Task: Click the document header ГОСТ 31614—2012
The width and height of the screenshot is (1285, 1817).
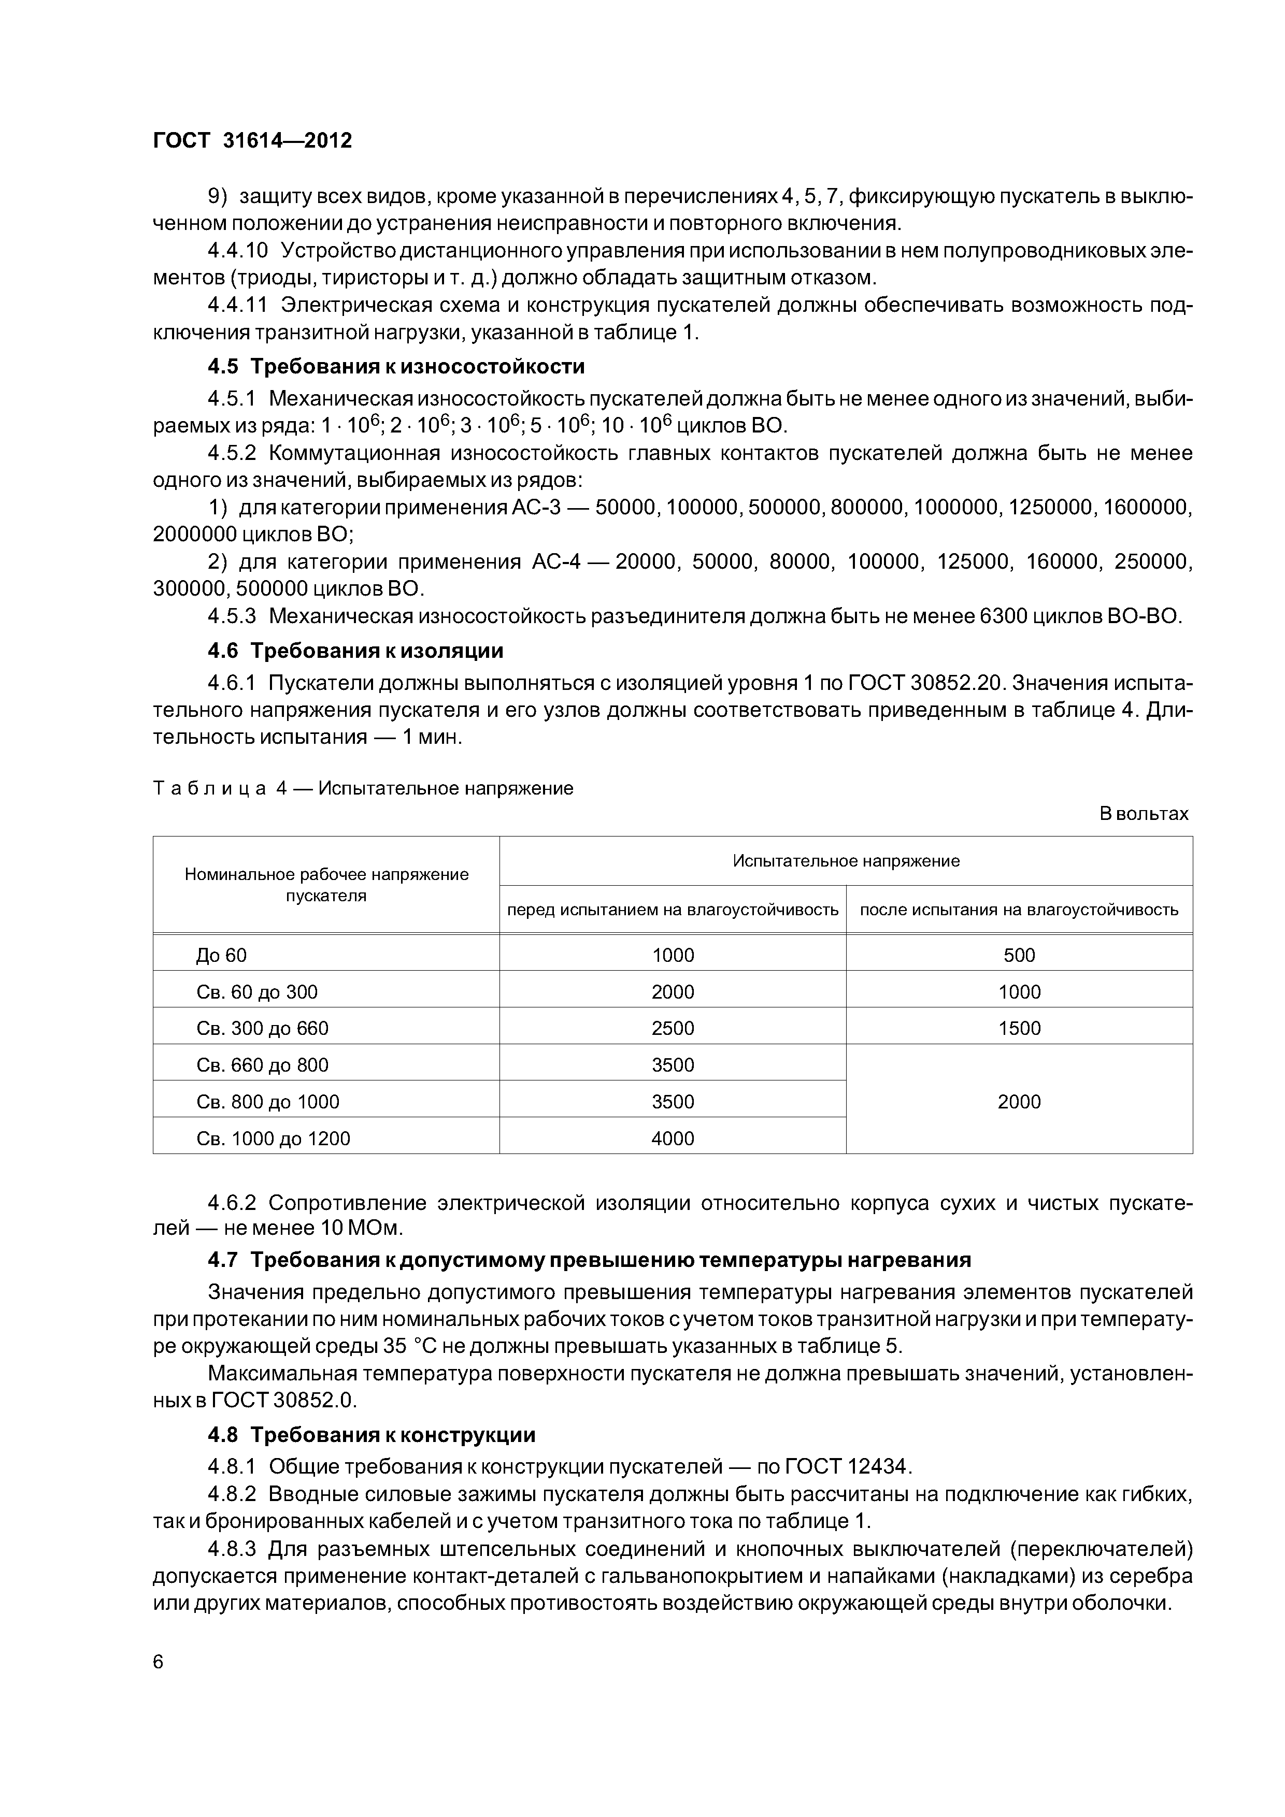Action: coord(252,141)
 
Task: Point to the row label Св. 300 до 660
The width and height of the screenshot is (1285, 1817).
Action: coord(262,1029)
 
